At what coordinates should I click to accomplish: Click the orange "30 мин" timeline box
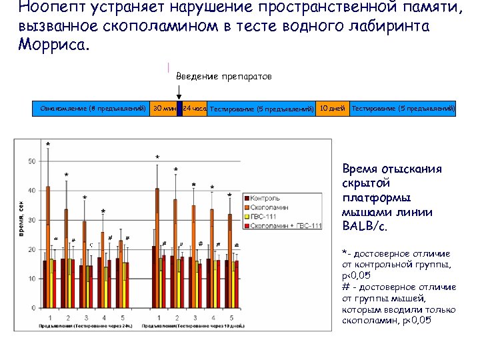[x=163, y=109]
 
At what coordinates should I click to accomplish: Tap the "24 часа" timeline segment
[x=195, y=109]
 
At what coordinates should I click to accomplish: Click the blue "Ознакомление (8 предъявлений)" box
[x=93, y=109]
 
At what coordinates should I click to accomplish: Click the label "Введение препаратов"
[x=223, y=77]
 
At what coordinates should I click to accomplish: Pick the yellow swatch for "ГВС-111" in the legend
[x=247, y=217]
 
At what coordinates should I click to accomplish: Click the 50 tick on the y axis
[x=31, y=161]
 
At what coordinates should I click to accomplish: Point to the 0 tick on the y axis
[x=33, y=308]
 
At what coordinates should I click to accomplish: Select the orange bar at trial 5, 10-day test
[x=230, y=260]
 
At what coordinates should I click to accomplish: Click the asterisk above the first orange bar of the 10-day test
[x=157, y=157]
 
